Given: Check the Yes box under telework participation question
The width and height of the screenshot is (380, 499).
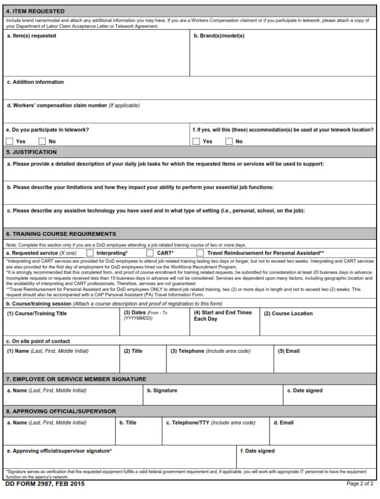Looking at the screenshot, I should tap(10, 141).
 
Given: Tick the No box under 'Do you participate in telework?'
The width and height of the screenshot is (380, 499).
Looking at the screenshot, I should tap(43, 141).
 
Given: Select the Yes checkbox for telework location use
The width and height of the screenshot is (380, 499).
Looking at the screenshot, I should tap(196, 141).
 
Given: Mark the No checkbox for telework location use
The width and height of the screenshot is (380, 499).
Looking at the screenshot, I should tap(229, 141).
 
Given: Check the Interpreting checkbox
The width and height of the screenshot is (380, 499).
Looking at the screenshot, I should tap(90, 253).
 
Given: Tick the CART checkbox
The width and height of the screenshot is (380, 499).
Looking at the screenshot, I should tap(150, 253).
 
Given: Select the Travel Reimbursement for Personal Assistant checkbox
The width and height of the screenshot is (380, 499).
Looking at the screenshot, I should tap(200, 253).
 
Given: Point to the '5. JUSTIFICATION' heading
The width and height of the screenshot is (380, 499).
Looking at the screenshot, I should tap(32, 152).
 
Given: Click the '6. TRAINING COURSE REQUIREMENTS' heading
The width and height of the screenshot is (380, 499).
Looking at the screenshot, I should tap(61, 234).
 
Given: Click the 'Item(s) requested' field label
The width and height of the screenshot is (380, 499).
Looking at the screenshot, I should tap(32, 36).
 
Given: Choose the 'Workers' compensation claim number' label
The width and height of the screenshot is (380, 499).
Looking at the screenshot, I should tap(73, 105).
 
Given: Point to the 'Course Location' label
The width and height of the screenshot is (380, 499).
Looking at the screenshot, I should tap(288, 313).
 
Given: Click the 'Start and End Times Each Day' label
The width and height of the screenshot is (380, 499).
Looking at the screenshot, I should tap(223, 316).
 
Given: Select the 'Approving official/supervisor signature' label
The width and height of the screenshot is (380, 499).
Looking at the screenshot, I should tap(59, 451).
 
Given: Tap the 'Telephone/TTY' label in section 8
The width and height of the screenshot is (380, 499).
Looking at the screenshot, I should tap(210, 423).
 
